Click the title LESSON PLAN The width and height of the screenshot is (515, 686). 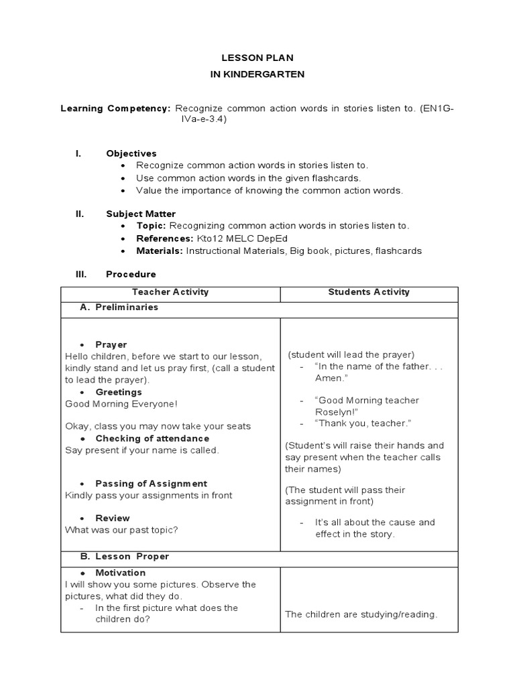click(257, 58)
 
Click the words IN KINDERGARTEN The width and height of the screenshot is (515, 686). click(257, 74)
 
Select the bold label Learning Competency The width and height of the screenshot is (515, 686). click(116, 108)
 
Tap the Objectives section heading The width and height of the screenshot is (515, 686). click(131, 153)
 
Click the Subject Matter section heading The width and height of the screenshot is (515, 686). click(141, 214)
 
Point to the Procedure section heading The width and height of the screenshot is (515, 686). click(131, 274)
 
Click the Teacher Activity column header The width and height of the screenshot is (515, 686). click(170, 292)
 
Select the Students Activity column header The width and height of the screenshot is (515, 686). click(369, 292)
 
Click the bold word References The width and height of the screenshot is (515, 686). click(165, 238)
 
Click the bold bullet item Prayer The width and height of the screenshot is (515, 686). click(111, 344)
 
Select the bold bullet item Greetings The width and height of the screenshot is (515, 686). click(119, 392)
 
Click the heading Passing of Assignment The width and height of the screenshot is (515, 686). click(151, 484)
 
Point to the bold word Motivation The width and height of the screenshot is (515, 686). click(121, 573)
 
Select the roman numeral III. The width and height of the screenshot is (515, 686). click(80, 274)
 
